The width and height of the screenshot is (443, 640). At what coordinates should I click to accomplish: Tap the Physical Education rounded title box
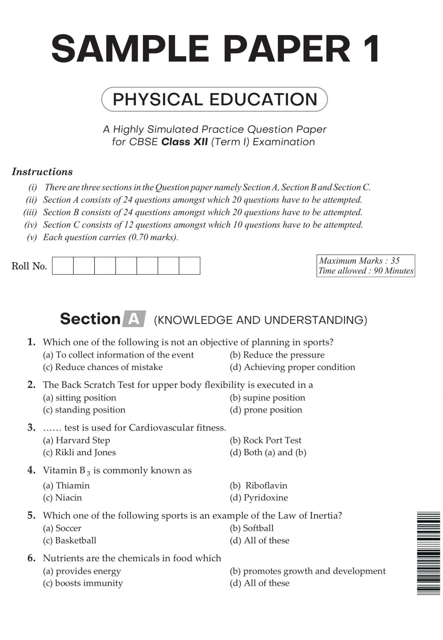coord(214,99)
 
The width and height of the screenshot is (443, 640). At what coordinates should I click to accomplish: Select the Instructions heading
coord(42,172)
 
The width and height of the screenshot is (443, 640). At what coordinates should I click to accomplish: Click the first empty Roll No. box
coord(63,266)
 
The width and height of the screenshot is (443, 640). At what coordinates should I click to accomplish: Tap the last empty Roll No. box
coord(189,266)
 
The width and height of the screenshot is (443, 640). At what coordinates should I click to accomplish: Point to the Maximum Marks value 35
coord(395,261)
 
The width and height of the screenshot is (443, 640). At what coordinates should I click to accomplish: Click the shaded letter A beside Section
coord(134,319)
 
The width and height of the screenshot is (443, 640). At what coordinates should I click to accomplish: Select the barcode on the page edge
coord(428,553)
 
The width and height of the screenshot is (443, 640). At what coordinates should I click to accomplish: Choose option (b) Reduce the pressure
coord(277,355)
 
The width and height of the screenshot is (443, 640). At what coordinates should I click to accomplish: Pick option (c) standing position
coord(84,410)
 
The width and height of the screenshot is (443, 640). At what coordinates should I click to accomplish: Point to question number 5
coord(31,515)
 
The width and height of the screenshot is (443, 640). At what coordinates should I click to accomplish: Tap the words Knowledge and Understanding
coord(261,320)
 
